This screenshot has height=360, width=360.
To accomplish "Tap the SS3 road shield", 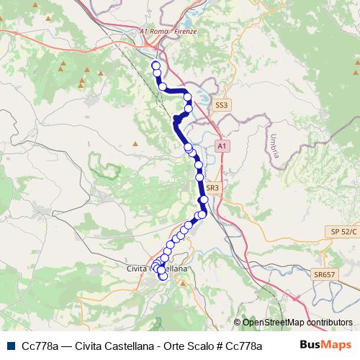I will [x=222, y=105].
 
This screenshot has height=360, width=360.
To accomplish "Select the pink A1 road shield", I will [x=222, y=146].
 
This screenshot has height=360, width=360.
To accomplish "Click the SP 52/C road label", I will [x=344, y=230].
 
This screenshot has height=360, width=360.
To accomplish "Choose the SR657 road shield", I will [x=325, y=275].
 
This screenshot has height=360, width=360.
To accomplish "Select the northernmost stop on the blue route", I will [x=155, y=66].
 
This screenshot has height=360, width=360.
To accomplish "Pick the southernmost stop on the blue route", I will [x=163, y=277].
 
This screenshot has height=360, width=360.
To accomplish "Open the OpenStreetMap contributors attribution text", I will [x=295, y=323].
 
